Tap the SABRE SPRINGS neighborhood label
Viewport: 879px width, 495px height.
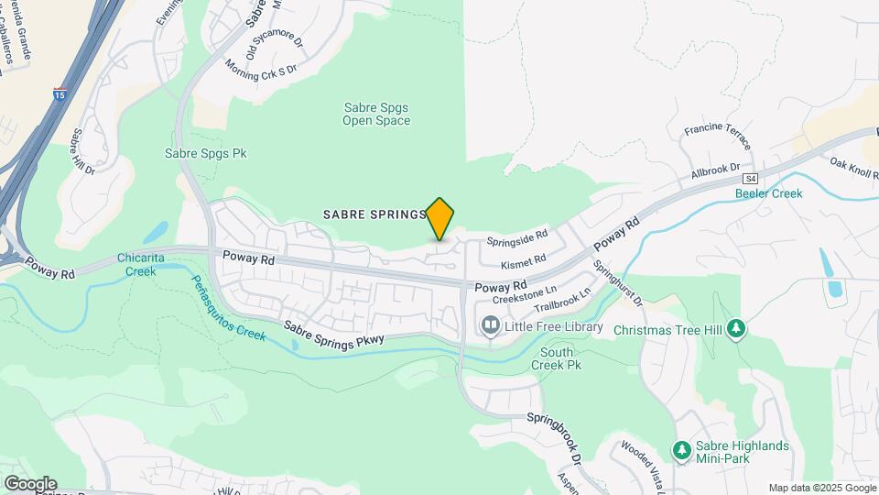tap(374, 214)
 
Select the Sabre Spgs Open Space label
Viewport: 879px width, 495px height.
tap(376, 114)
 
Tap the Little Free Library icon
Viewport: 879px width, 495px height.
tap(491, 326)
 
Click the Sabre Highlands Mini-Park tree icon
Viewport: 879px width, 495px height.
tap(680, 450)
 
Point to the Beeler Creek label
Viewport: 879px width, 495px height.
tap(769, 193)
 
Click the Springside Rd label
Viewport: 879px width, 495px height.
tap(517, 240)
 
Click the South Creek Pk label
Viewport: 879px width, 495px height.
tap(557, 358)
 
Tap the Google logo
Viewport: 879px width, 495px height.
tap(29, 484)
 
